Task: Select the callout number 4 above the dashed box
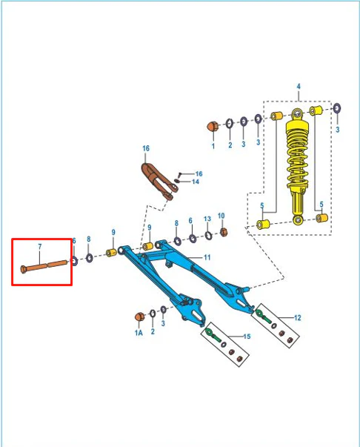299,86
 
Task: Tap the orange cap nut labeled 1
213,126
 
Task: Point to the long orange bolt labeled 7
44,265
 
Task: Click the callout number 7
40,247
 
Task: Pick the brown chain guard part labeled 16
159,181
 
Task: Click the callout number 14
196,182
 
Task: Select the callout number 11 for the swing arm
207,257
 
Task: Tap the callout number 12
297,317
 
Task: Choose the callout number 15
247,337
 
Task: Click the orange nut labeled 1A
139,317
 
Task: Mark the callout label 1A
139,332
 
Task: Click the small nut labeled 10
224,232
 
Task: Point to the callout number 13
207,219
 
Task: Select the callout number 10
221,216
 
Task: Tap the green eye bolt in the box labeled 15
213,335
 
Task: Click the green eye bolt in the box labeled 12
263,317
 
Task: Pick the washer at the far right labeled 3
337,109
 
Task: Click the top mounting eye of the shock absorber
297,114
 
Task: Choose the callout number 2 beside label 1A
153,331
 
